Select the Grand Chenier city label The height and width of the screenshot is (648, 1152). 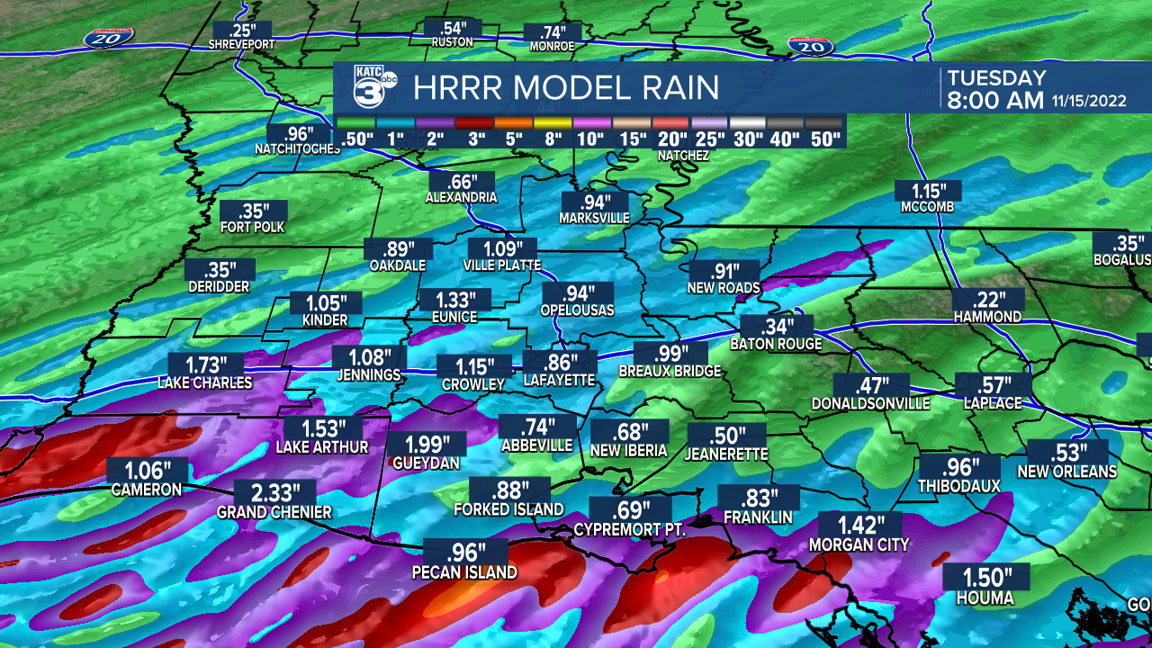[274, 512]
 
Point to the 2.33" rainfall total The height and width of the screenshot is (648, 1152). [274, 492]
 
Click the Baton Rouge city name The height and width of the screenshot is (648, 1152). [776, 344]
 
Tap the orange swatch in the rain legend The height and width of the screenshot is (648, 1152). [514, 123]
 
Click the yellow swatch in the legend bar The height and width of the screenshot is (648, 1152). [553, 123]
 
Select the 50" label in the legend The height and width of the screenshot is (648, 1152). [824, 139]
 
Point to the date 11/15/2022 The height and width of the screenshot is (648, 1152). [1089, 101]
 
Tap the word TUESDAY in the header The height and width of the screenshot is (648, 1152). [996, 77]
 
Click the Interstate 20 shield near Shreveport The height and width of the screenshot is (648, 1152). [110, 38]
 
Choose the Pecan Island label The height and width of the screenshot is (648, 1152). [464, 572]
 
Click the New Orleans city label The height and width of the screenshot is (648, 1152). [1066, 471]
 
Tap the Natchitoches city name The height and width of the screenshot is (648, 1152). [297, 148]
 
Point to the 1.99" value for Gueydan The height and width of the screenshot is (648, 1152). [427, 444]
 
